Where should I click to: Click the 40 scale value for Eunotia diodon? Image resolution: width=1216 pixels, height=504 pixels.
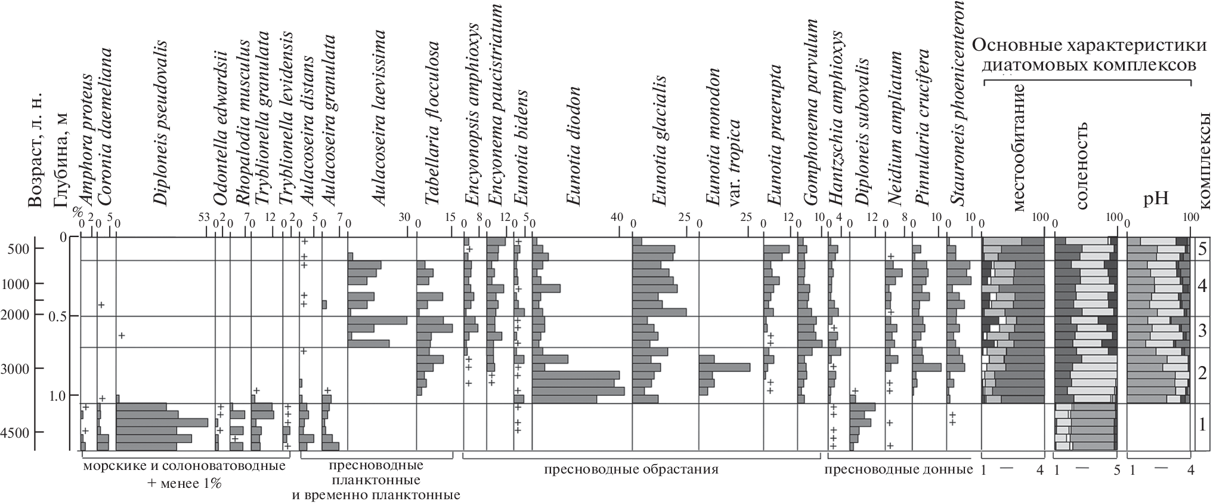(x=617, y=224)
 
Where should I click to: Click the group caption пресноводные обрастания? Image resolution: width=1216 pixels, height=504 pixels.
(x=630, y=469)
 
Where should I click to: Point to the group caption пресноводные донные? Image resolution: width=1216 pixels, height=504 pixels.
(x=898, y=469)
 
